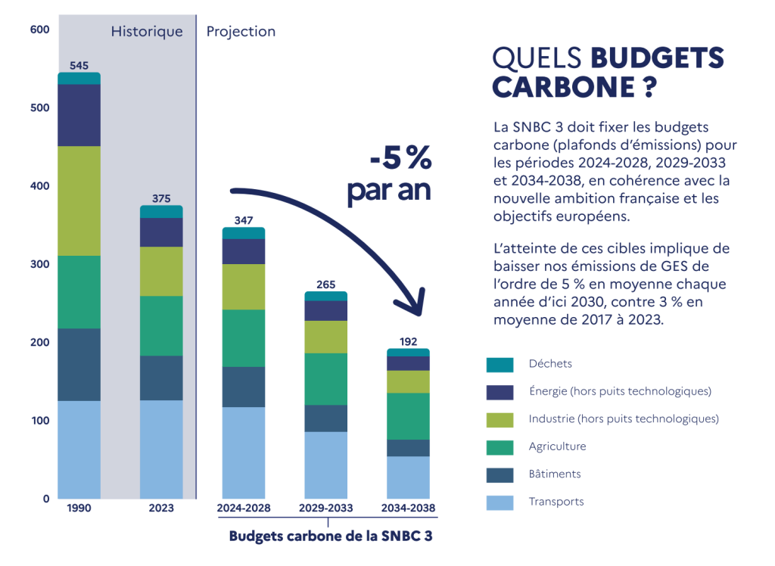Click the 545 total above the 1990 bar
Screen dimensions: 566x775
coord(79,66)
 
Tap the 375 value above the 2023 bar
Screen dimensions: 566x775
coord(161,198)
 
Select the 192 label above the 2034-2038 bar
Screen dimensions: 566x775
coord(409,342)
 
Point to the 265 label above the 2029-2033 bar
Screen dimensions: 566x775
coord(326,285)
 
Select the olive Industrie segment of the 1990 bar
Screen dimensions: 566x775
coord(79,201)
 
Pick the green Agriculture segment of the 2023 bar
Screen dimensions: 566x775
coord(161,325)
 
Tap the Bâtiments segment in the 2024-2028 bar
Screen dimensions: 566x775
coord(244,387)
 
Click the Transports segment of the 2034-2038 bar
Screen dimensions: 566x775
coord(409,477)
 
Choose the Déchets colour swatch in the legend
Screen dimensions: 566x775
coord(500,365)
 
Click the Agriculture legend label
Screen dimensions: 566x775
coord(557,446)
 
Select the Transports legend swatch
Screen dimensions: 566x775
coord(500,502)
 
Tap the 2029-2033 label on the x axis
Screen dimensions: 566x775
coord(326,508)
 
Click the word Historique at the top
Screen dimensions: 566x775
coord(147,32)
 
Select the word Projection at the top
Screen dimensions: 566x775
coord(241,32)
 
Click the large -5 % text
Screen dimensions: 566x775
coord(400,160)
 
